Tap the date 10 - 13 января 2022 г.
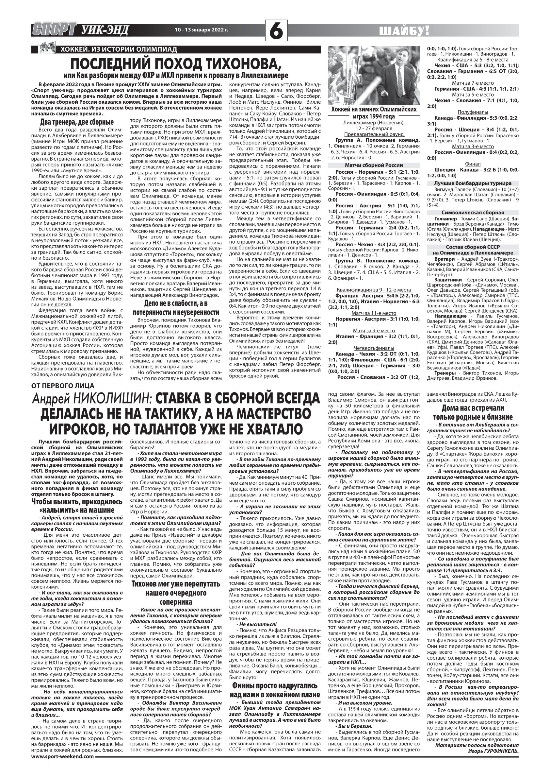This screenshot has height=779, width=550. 201,29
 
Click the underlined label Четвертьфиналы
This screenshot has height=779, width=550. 374,348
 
